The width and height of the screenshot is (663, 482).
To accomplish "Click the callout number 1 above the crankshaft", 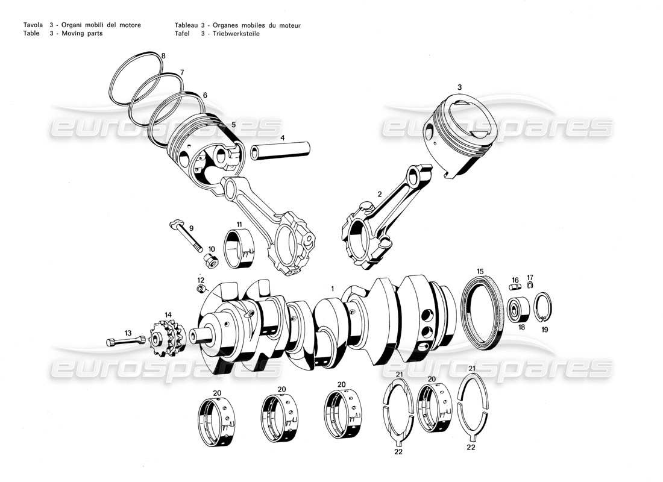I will (331, 290).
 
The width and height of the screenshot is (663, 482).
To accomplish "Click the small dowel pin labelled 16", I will (515, 289).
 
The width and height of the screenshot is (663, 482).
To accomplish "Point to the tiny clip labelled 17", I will (530, 285).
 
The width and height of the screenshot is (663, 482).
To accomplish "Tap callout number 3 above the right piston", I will (459, 87).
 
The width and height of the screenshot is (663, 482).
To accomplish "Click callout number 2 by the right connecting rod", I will (379, 194).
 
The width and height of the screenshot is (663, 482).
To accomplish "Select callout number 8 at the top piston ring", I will (163, 56).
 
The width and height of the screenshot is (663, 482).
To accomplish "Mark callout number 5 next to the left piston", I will (233, 125).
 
